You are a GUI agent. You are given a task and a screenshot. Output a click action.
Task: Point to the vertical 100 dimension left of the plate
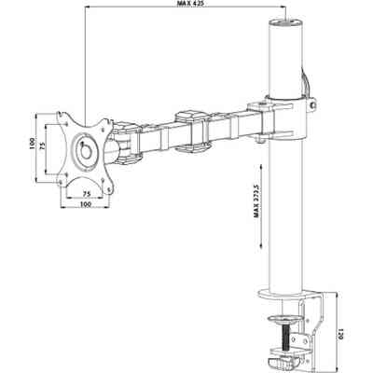tap(31, 145)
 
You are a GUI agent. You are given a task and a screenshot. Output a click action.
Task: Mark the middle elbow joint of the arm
tap(190, 130)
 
